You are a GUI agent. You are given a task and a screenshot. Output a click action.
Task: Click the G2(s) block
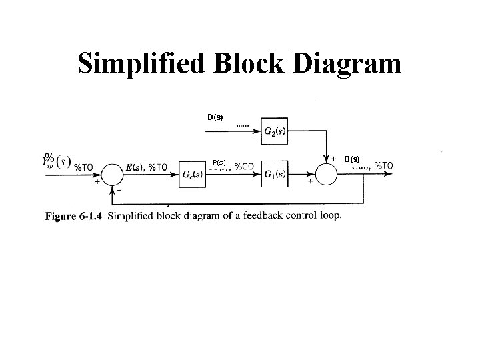[x=275, y=131]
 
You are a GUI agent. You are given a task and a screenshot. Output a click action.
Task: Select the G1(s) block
[x=275, y=174]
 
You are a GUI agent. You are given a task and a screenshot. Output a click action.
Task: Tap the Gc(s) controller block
[x=193, y=174]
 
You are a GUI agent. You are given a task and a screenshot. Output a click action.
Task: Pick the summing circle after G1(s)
[x=327, y=174]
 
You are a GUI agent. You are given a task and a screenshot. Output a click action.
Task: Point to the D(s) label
[x=215, y=117]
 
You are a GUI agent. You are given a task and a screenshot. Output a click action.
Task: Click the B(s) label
[x=352, y=159]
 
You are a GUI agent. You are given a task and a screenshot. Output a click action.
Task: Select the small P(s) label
[x=219, y=162]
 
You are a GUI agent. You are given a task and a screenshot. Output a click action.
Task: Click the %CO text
[x=243, y=167]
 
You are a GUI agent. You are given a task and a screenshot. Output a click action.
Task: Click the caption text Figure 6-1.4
[x=74, y=215]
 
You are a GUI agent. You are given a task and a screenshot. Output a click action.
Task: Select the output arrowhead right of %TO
[x=401, y=175]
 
